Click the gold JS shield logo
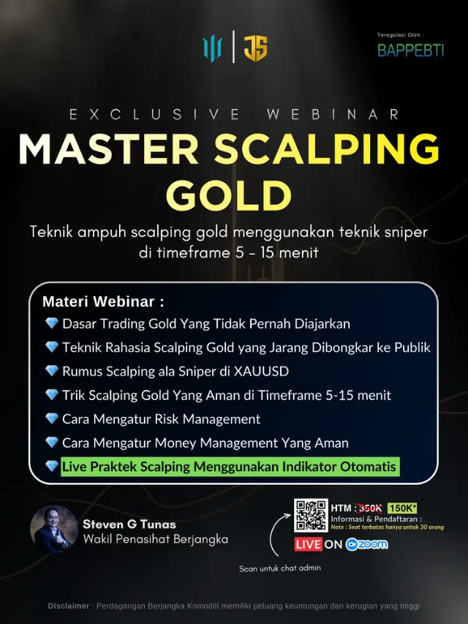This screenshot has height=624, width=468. [255, 48]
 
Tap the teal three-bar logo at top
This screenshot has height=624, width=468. [212, 48]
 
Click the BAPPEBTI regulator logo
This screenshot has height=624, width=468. [410, 50]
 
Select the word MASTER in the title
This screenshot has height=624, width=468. [109, 149]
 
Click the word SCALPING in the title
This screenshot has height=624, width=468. [327, 149]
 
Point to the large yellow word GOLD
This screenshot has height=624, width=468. [229, 195]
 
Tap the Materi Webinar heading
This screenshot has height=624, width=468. [103, 301]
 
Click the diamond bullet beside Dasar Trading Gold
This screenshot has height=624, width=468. [52, 323]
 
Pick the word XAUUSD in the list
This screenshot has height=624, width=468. [261, 372]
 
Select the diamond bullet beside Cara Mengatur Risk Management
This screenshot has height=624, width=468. [52, 418]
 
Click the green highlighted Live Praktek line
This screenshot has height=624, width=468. [230, 467]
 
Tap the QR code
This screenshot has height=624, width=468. [311, 515]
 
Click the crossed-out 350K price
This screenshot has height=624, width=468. [370, 508]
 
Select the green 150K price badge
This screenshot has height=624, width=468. [402, 508]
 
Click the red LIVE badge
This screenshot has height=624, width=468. [308, 544]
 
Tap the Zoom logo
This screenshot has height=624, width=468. [366, 544]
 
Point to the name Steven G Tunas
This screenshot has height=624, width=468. [129, 525]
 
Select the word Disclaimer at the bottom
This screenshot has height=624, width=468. [69, 606]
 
